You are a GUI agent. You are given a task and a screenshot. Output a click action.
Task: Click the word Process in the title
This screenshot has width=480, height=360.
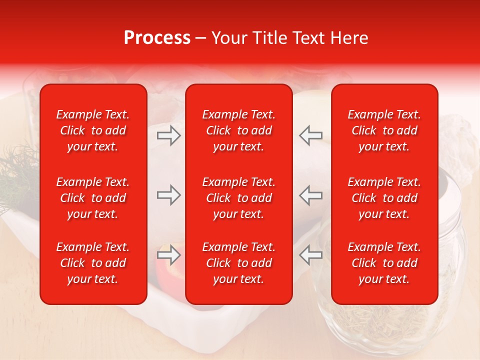click(157, 38)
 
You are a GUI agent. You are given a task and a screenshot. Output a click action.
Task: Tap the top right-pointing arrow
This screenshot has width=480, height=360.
click(168, 135)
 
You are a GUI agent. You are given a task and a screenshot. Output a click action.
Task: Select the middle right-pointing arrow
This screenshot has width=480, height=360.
click(168, 195)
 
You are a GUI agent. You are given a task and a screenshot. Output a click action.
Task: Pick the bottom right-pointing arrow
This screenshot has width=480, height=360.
click(168, 255)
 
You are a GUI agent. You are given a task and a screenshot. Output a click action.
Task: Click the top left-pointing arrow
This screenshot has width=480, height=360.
click(310, 135)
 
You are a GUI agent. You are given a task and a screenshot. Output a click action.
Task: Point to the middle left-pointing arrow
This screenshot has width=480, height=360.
click(310, 195)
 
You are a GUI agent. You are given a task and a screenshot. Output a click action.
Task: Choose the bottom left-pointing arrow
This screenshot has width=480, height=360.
click(310, 255)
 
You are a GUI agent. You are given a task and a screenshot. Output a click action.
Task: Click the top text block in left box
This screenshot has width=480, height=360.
click(93, 130)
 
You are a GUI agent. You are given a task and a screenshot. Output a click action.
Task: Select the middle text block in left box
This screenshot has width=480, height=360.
click(93, 198)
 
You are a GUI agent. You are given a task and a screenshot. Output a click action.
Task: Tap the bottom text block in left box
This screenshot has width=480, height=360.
click(93, 263)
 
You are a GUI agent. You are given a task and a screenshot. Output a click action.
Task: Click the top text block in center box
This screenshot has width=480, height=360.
click(238, 130)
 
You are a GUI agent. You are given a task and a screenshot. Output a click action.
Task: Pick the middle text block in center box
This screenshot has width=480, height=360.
click(238, 198)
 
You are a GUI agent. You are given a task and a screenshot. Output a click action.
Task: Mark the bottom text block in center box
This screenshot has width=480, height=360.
click(238, 263)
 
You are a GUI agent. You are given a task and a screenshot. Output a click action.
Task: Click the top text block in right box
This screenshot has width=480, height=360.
click(384, 130)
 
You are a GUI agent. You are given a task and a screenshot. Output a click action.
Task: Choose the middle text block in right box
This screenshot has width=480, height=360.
click(384, 198)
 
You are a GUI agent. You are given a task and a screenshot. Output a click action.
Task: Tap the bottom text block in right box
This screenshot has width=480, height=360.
click(384, 263)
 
